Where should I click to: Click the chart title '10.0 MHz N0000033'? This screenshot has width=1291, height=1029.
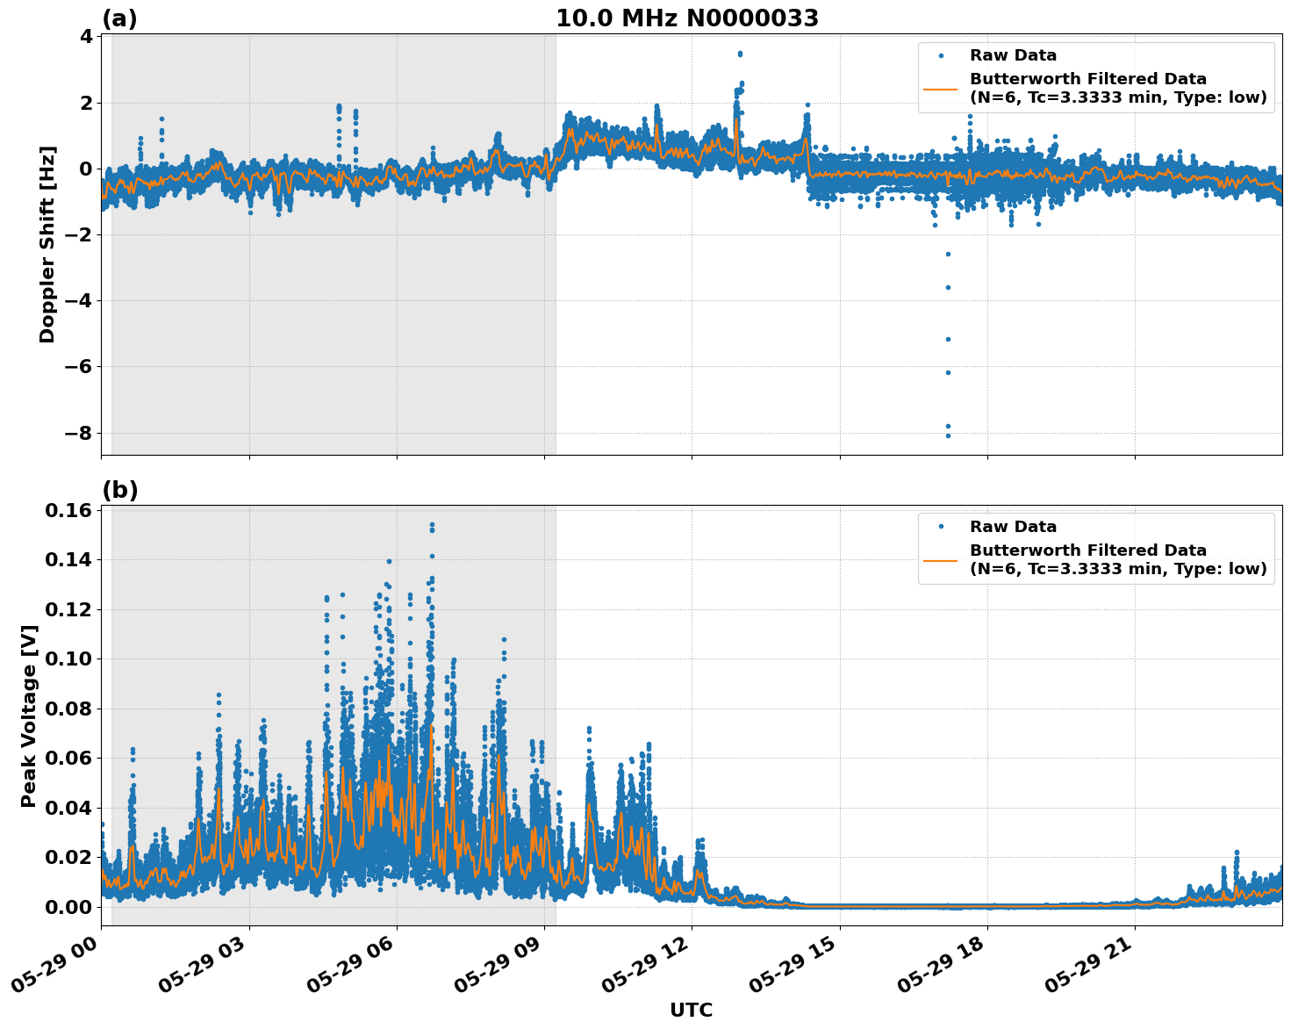coord(687,18)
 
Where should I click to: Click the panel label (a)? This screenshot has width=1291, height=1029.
coord(119,18)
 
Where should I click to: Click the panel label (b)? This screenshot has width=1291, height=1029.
coord(119,490)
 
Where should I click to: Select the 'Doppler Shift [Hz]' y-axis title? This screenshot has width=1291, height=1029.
coord(47,244)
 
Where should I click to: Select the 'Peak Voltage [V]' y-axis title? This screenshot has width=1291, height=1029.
coord(29,716)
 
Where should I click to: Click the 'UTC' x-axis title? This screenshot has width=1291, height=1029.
coord(691,1010)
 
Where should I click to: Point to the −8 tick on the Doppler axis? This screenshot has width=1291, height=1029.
coord(82,433)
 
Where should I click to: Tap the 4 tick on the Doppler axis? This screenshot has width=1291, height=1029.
coord(86,37)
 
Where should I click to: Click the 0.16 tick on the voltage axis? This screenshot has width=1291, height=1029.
coord(71,511)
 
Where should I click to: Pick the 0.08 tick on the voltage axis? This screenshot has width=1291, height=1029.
coord(71,709)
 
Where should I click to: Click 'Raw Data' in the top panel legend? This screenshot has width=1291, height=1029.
coord(1013,56)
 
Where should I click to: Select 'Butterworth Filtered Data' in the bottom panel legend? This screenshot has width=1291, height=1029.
coord(1087,550)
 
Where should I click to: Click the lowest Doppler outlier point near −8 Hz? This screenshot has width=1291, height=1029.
coord(948,435)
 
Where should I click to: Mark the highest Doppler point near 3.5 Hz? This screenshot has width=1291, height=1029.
coord(740,54)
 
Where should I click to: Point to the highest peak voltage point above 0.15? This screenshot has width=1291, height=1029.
coord(432,525)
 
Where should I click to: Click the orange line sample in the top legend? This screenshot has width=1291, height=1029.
coord(941,89)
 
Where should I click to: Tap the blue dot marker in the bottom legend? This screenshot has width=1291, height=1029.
coord(941,527)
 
